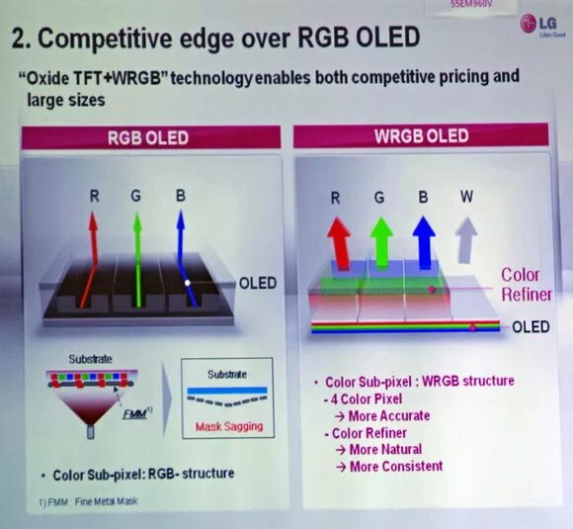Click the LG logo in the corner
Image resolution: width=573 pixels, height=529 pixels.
click(x=538, y=23)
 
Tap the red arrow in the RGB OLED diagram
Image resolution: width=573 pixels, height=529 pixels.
click(x=89, y=257)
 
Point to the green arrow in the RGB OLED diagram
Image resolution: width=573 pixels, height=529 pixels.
click(x=138, y=257)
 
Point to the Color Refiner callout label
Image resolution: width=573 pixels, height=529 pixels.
click(x=521, y=284)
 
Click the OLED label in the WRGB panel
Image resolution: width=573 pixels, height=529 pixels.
click(x=531, y=327)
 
